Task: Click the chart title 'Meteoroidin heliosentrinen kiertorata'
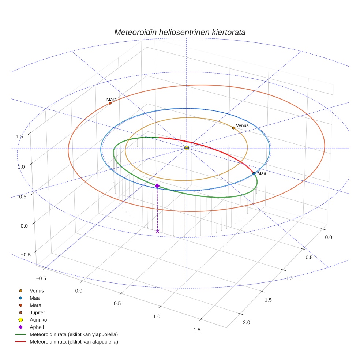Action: click(180, 32)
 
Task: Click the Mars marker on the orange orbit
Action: click(110, 103)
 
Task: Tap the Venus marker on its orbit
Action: click(233, 128)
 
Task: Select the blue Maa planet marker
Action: click(254, 173)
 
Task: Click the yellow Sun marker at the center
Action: click(187, 148)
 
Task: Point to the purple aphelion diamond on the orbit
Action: click(157, 186)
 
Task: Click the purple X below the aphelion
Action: click(157, 231)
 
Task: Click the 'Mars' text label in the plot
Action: click(111, 99)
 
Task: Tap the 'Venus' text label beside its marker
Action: click(242, 125)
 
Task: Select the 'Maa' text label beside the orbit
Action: click(262, 173)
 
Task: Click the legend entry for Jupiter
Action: click(37, 312)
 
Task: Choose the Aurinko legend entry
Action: click(38, 320)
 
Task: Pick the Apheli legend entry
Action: click(37, 327)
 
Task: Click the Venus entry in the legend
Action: click(37, 290)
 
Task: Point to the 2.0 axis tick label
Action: click(246, 322)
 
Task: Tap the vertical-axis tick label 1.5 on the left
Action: click(20, 136)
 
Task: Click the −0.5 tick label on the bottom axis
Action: click(41, 278)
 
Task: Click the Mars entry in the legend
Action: click(35, 305)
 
